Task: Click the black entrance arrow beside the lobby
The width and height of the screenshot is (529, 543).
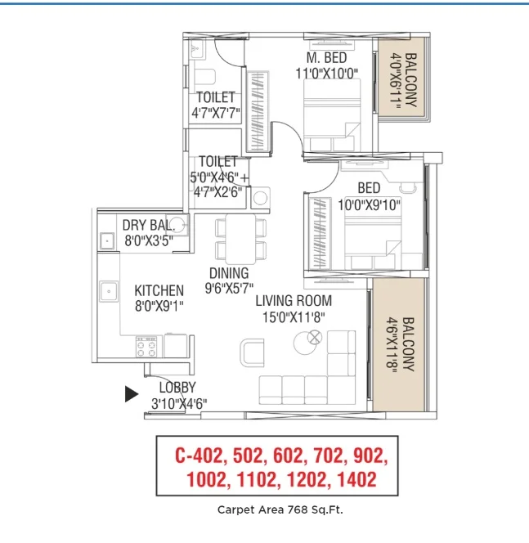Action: [131, 394]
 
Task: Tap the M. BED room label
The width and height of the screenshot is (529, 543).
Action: [326, 57]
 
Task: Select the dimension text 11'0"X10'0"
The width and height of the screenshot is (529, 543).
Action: [327, 74]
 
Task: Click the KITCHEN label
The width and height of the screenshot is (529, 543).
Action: [159, 290]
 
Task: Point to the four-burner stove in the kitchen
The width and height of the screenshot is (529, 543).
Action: [146, 346]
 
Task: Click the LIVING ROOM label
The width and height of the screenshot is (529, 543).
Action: [294, 301]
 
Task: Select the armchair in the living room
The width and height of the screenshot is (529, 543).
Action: [252, 352]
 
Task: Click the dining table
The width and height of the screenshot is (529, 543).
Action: [240, 239]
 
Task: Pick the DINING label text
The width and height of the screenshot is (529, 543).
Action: [229, 273]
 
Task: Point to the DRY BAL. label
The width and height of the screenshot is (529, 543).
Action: [148, 226]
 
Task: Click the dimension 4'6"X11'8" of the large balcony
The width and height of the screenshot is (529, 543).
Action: [392, 344]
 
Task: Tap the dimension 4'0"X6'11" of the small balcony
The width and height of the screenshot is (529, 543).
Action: [396, 80]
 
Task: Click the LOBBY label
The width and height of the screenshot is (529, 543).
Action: [177, 387]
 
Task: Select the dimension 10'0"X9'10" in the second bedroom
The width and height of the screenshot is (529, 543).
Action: [369, 205]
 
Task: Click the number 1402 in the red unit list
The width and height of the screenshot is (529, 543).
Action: [356, 480]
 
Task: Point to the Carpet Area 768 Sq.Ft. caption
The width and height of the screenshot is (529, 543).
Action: [280, 509]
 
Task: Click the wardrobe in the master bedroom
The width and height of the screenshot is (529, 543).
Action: [258, 111]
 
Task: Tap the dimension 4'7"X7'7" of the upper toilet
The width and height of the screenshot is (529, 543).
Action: [216, 113]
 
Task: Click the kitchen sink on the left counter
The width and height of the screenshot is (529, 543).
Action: [109, 291]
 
